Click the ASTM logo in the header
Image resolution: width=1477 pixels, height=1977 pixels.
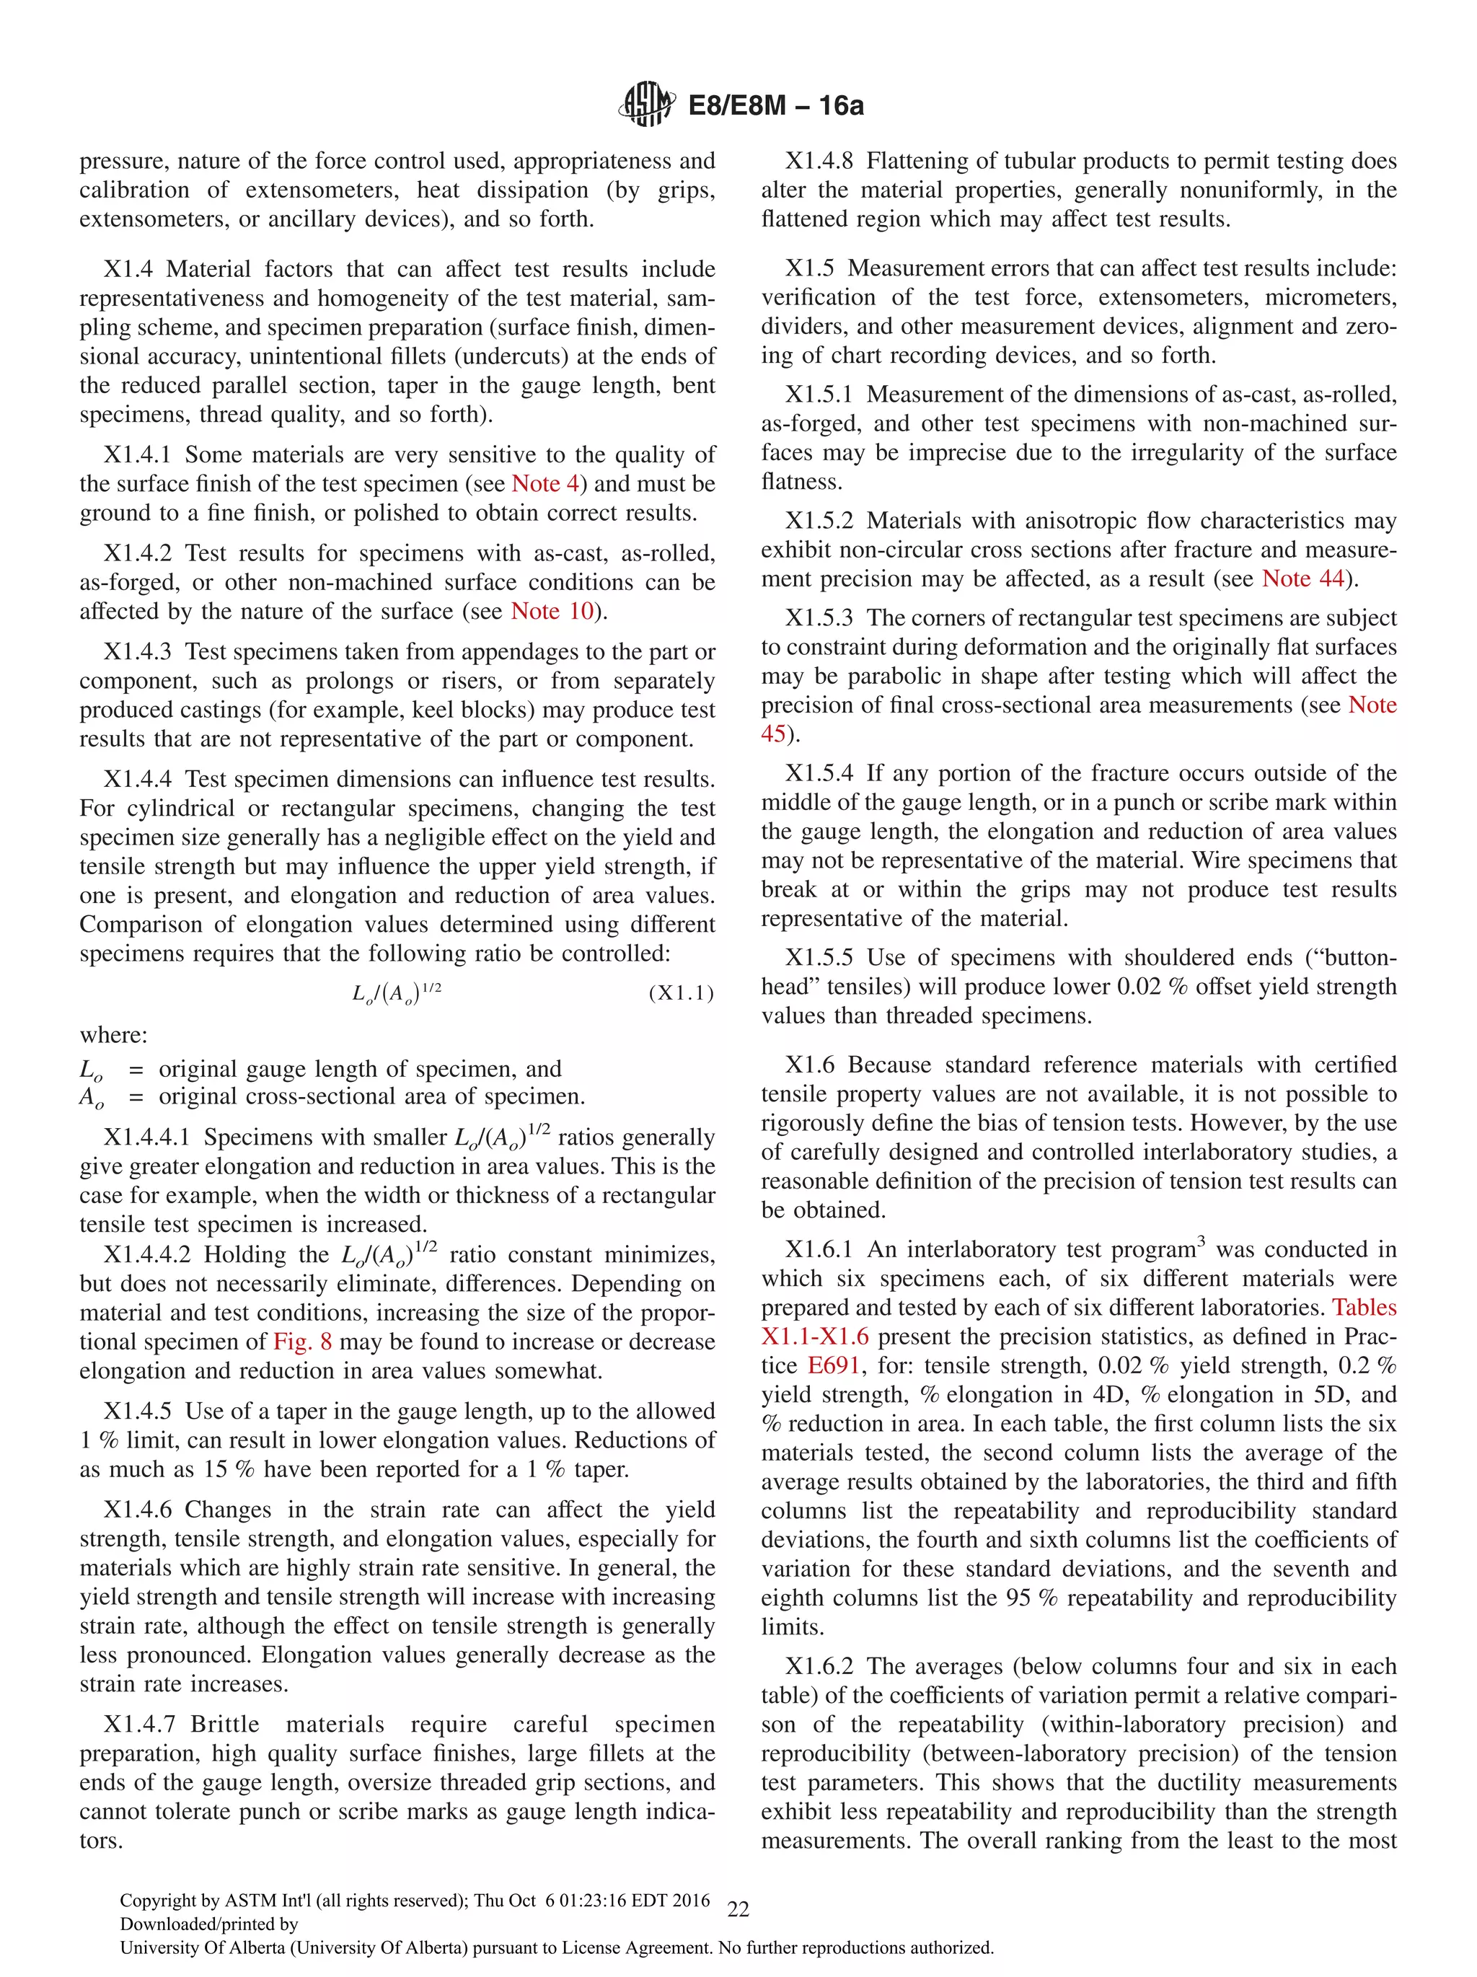pos(646,105)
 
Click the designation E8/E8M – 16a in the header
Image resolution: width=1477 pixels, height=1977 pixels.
pos(775,105)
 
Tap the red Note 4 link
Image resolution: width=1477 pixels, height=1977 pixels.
pos(545,483)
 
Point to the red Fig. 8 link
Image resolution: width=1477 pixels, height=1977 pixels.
pos(302,1342)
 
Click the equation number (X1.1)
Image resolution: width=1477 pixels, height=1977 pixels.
pos(681,993)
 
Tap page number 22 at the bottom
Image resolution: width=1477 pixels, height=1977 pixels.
pos(738,1910)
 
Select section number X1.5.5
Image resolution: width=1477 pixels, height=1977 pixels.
pos(819,957)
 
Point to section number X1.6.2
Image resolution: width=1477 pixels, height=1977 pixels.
pos(819,1666)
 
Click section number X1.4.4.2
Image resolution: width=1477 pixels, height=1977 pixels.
pos(146,1255)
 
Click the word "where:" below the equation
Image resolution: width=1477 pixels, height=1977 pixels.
pos(113,1035)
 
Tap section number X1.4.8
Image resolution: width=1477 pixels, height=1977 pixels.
pos(819,161)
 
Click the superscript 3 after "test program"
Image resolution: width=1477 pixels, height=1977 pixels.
pos(1201,1241)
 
